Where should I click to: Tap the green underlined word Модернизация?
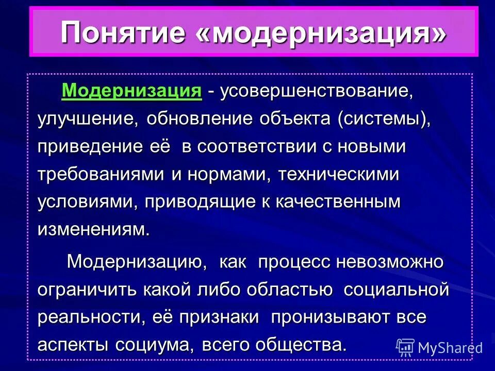coord(131,91)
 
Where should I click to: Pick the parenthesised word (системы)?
coord(384,120)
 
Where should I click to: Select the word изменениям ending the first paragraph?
coord(93,229)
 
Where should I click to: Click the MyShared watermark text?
coord(450,348)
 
